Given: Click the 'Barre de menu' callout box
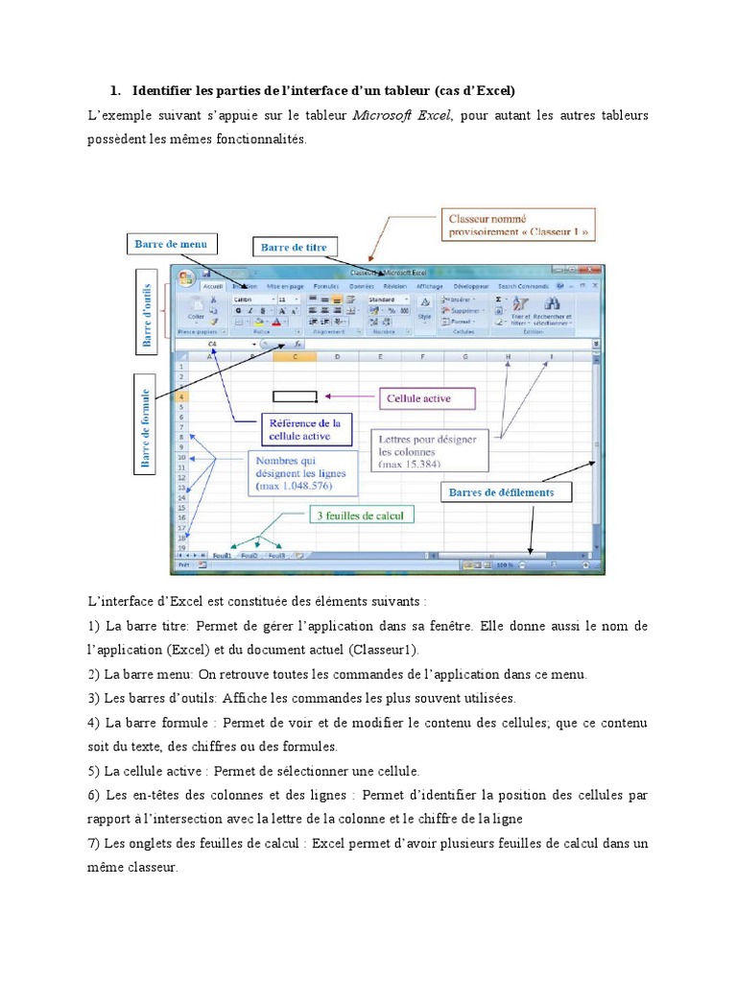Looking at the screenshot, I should click(170, 244).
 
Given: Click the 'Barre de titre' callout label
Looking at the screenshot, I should click(294, 247).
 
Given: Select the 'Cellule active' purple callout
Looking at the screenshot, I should click(417, 397).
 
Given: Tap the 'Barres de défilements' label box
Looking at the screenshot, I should click(506, 493).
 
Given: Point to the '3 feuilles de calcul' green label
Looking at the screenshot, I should click(365, 515).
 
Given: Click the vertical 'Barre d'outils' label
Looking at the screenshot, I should click(148, 309).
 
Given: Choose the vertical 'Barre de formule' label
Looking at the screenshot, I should click(146, 428).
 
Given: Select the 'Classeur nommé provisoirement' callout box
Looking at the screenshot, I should click(517, 226).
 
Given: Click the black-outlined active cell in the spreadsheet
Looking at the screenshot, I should click(295, 396).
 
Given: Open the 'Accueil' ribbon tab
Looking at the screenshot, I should click(212, 286).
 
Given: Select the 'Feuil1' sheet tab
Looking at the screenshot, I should click(222, 555).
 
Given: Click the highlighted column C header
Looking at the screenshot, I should click(294, 358).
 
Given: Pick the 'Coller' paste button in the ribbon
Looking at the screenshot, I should click(196, 313).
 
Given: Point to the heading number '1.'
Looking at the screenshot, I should click(115, 91).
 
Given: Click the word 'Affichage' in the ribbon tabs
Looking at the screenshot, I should click(429, 286).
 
